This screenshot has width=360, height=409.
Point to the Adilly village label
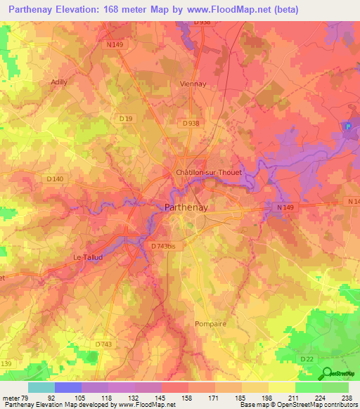pos(59,82)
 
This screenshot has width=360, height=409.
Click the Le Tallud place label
pos(89,257)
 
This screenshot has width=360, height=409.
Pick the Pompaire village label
pos(209,323)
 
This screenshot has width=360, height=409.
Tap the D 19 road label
pos(126,119)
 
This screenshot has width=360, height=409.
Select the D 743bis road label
pos(166,245)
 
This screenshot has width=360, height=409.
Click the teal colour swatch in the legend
pos(41,387)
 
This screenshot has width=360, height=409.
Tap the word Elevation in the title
pos(86,10)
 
